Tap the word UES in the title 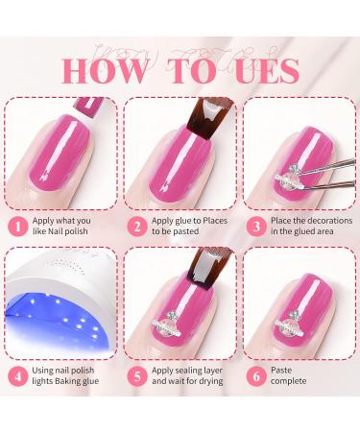coord(258,70)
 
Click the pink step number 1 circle coord(16,226)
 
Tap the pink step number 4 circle coord(16,377)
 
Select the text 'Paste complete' coord(294,377)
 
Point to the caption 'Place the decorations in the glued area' coord(310,227)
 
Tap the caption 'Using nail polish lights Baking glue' coord(65,377)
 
